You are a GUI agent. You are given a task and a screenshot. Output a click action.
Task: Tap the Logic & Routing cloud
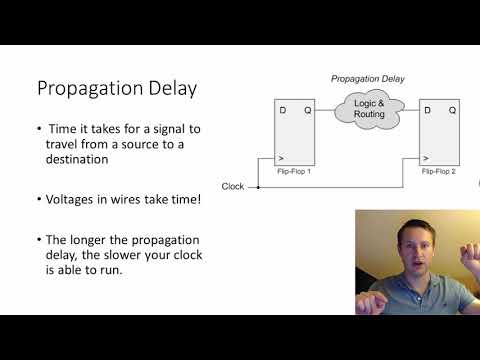click(369, 109)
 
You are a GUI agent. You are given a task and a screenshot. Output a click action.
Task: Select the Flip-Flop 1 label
click(296, 171)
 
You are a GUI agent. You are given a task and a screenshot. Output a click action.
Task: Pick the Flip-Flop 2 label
click(440, 171)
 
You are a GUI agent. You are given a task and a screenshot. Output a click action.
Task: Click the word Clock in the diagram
click(232, 186)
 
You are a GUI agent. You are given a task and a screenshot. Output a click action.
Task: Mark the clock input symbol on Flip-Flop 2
click(426, 158)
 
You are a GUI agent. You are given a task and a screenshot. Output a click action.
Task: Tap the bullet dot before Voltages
click(39, 200)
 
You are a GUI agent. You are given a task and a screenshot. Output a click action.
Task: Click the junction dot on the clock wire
click(259, 186)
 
